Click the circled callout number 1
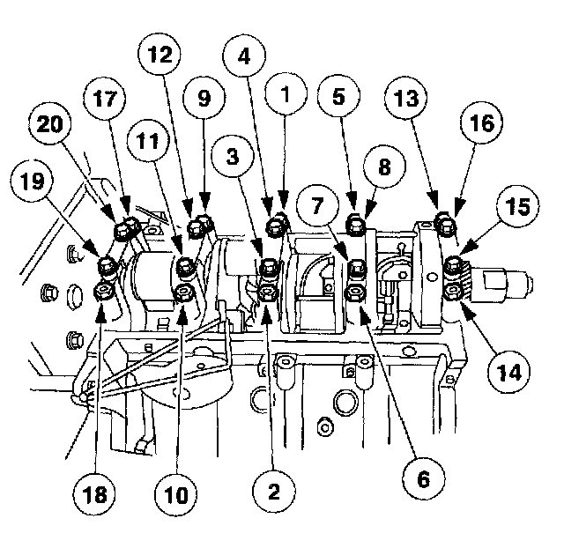285,91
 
